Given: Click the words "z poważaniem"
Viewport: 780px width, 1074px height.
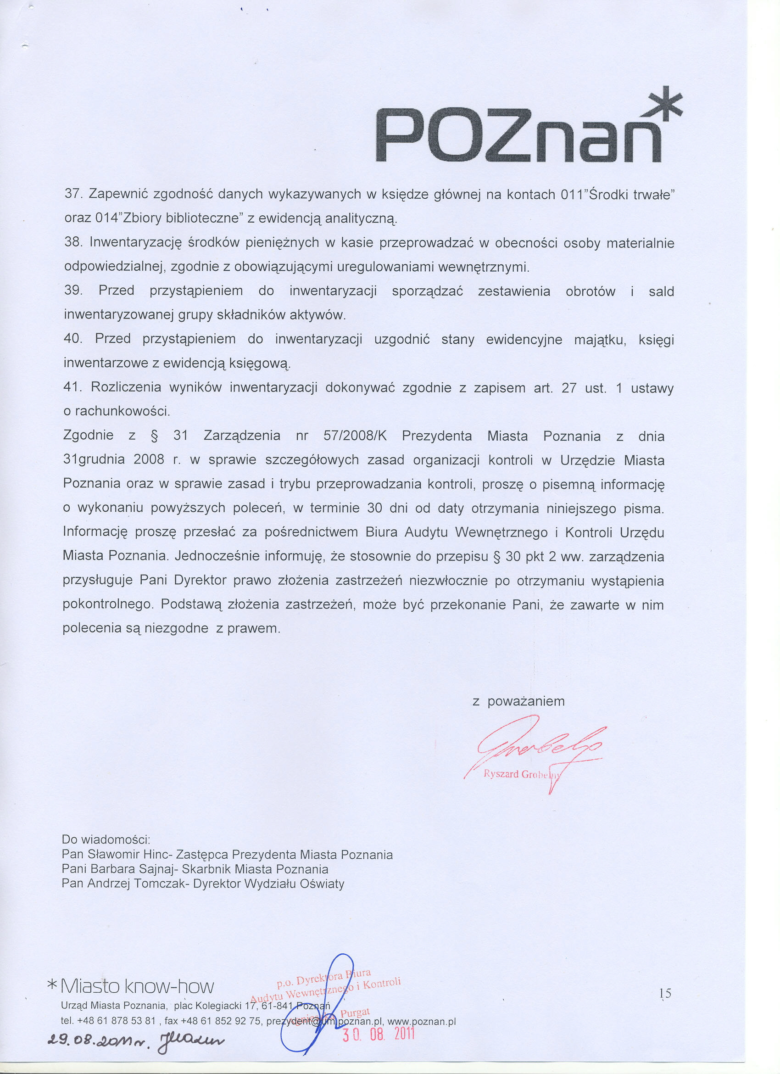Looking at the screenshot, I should (519, 701).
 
